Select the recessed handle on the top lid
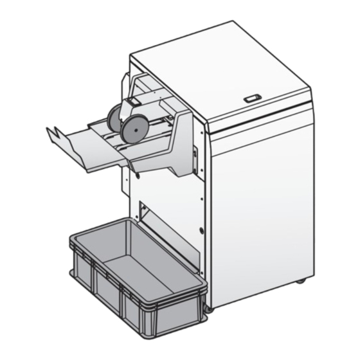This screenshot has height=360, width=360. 251,99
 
